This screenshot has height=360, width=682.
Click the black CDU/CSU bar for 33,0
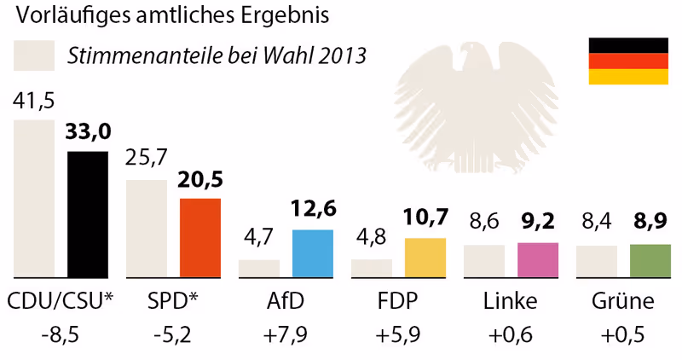[88, 214]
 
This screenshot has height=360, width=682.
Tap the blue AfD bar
[313, 253]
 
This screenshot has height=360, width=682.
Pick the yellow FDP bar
[425, 258]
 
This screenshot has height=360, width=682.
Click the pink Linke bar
[538, 260]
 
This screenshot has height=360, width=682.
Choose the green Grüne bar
[650, 261]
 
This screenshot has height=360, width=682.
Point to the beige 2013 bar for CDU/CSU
[35, 199]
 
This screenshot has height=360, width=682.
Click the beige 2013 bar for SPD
[147, 229]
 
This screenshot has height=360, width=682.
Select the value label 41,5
[34, 102]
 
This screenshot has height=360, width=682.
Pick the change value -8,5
[61, 335]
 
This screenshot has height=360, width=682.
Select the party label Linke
[511, 302]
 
